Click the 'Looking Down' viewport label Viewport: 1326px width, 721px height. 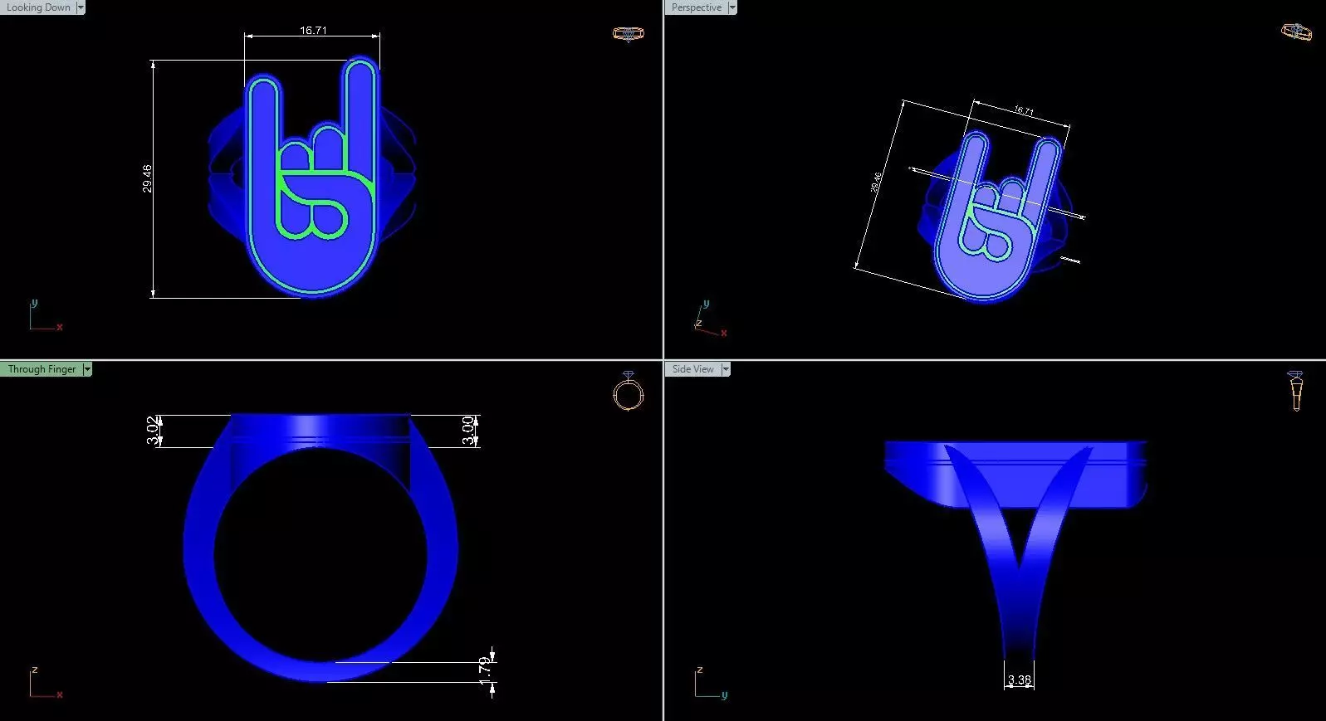click(x=38, y=7)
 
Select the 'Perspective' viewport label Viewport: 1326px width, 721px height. click(x=696, y=7)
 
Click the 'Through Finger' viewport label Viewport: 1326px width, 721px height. click(x=42, y=369)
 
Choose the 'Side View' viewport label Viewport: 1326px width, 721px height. click(x=692, y=369)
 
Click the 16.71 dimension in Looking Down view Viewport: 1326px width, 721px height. click(x=313, y=31)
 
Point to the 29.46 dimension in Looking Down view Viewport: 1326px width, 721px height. click(x=147, y=178)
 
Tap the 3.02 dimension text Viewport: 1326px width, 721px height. click(x=152, y=431)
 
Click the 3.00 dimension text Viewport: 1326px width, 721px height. click(x=468, y=431)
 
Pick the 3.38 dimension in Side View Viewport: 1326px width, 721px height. click(x=1019, y=680)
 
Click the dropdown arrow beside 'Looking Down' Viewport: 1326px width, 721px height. click(x=81, y=7)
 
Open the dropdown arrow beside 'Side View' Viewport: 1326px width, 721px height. click(x=725, y=369)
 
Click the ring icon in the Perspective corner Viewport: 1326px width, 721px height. click(x=1296, y=32)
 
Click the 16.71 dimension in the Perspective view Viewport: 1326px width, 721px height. click(x=1024, y=110)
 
